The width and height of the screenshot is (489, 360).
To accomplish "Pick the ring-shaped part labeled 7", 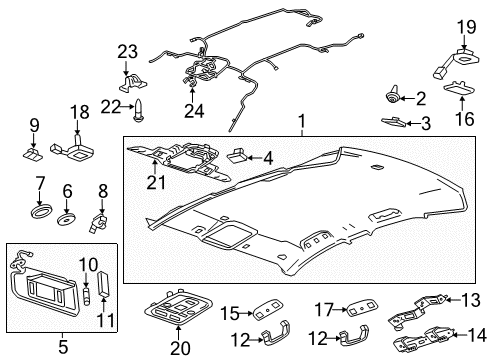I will [41, 212].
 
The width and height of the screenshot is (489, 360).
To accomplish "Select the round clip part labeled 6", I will [68, 216].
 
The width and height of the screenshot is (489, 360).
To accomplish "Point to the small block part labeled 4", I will [240, 155].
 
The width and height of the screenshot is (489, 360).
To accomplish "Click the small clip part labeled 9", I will [33, 153].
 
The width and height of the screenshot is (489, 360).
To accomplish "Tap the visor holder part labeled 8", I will [98, 217].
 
